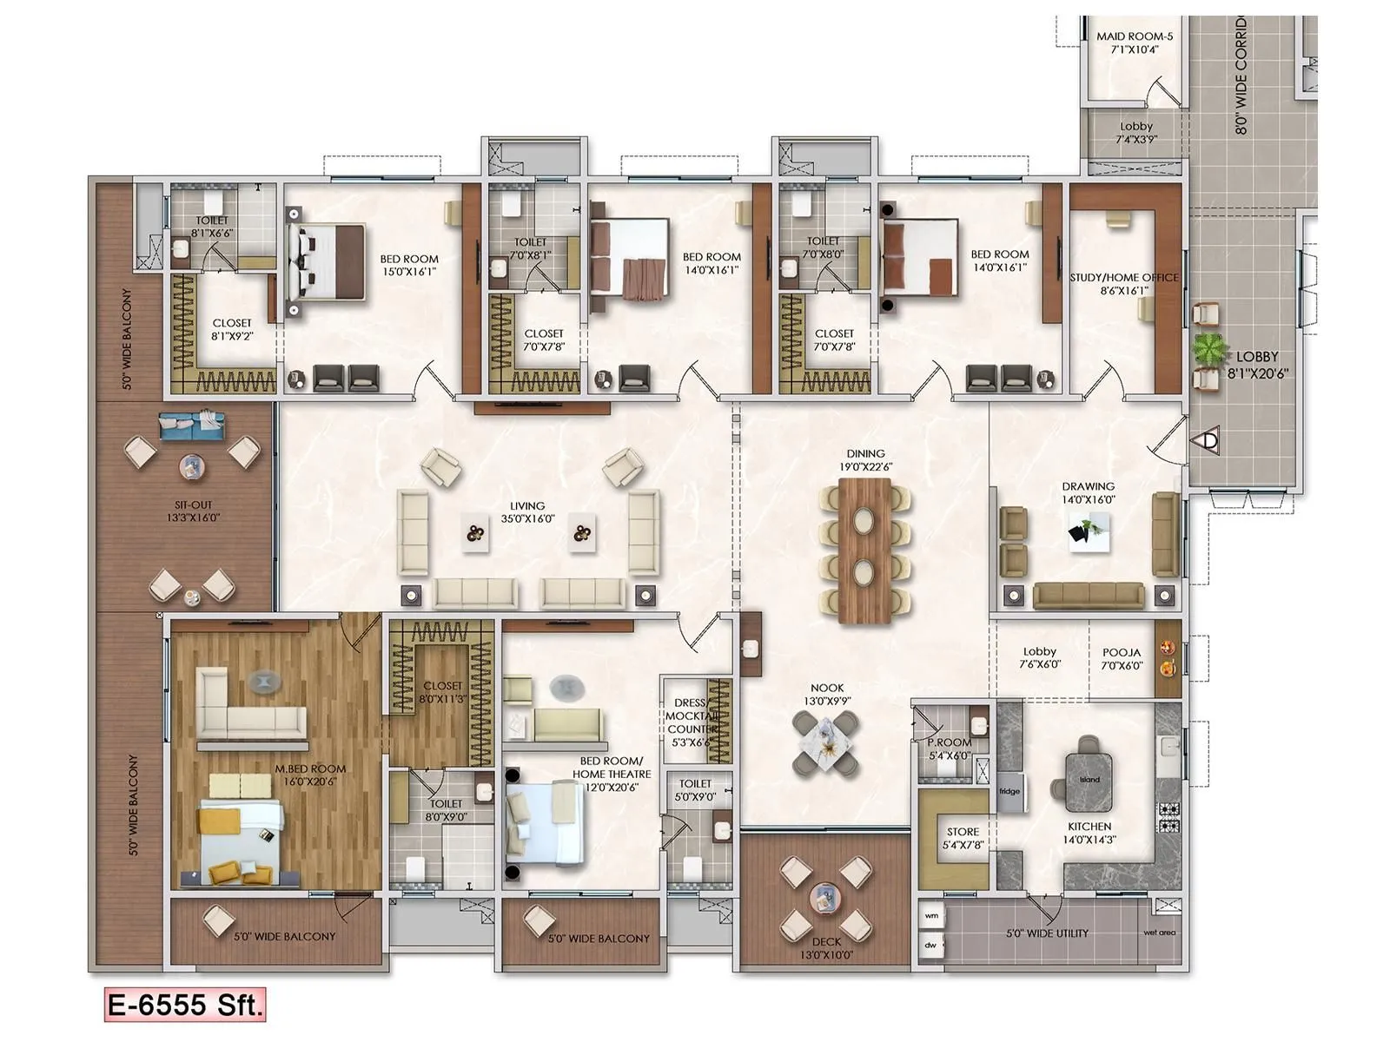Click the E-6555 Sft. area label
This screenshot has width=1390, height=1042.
tap(184, 1006)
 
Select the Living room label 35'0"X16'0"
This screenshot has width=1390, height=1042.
tap(527, 512)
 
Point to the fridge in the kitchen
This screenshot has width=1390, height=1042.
tap(1009, 792)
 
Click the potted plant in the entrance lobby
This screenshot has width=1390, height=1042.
tap(1208, 350)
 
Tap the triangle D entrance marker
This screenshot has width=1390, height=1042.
tap(1209, 440)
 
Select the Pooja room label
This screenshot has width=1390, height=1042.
tap(1122, 659)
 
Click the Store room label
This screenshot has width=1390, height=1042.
tap(963, 838)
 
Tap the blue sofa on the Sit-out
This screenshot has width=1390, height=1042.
tap(192, 425)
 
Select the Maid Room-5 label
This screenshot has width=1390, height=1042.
tap(1135, 43)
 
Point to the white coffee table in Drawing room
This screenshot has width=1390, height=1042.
tap(1089, 530)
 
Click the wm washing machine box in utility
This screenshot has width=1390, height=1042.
tap(931, 915)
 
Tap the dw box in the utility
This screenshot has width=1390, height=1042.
tap(931, 945)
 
